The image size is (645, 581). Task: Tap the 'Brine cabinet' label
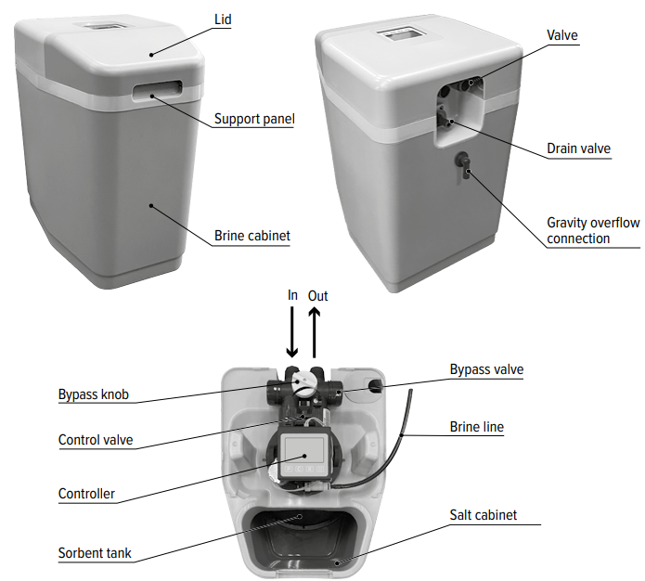pos(252,236)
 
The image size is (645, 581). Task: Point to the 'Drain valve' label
pos(578,148)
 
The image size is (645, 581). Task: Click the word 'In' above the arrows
pos(293,295)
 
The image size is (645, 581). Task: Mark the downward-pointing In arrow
pos(292,333)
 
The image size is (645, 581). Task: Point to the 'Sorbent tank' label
pos(95,553)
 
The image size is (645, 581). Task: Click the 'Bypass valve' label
pos(486,369)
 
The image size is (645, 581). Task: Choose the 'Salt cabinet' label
pos(484,514)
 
